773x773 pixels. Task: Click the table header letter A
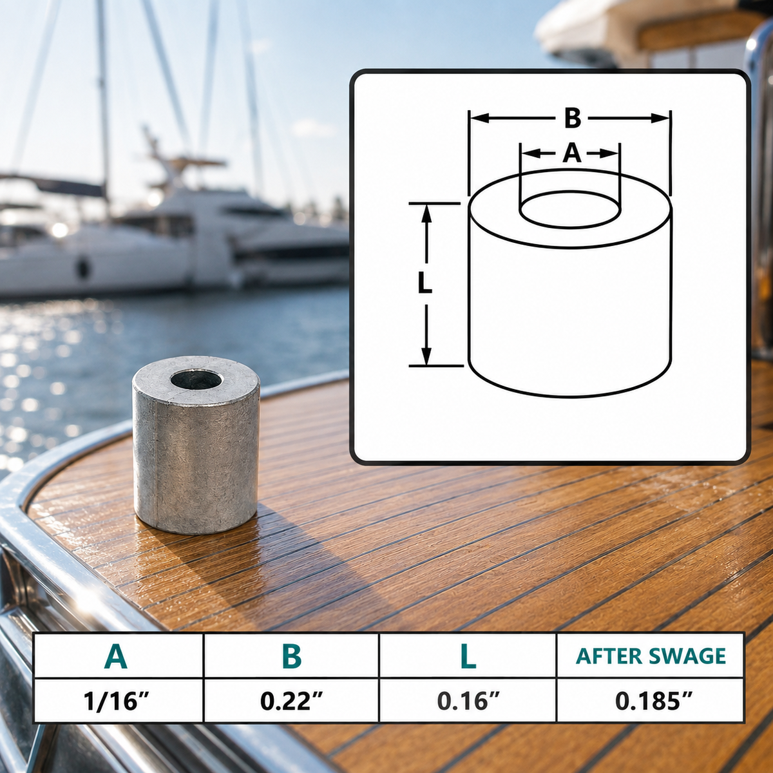[116, 656]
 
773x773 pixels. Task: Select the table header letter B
[292, 656]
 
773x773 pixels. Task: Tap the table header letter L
[468, 656]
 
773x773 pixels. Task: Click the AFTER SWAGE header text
[651, 656]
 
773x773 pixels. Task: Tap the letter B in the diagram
[572, 119]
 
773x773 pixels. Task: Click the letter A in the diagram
[571, 153]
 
